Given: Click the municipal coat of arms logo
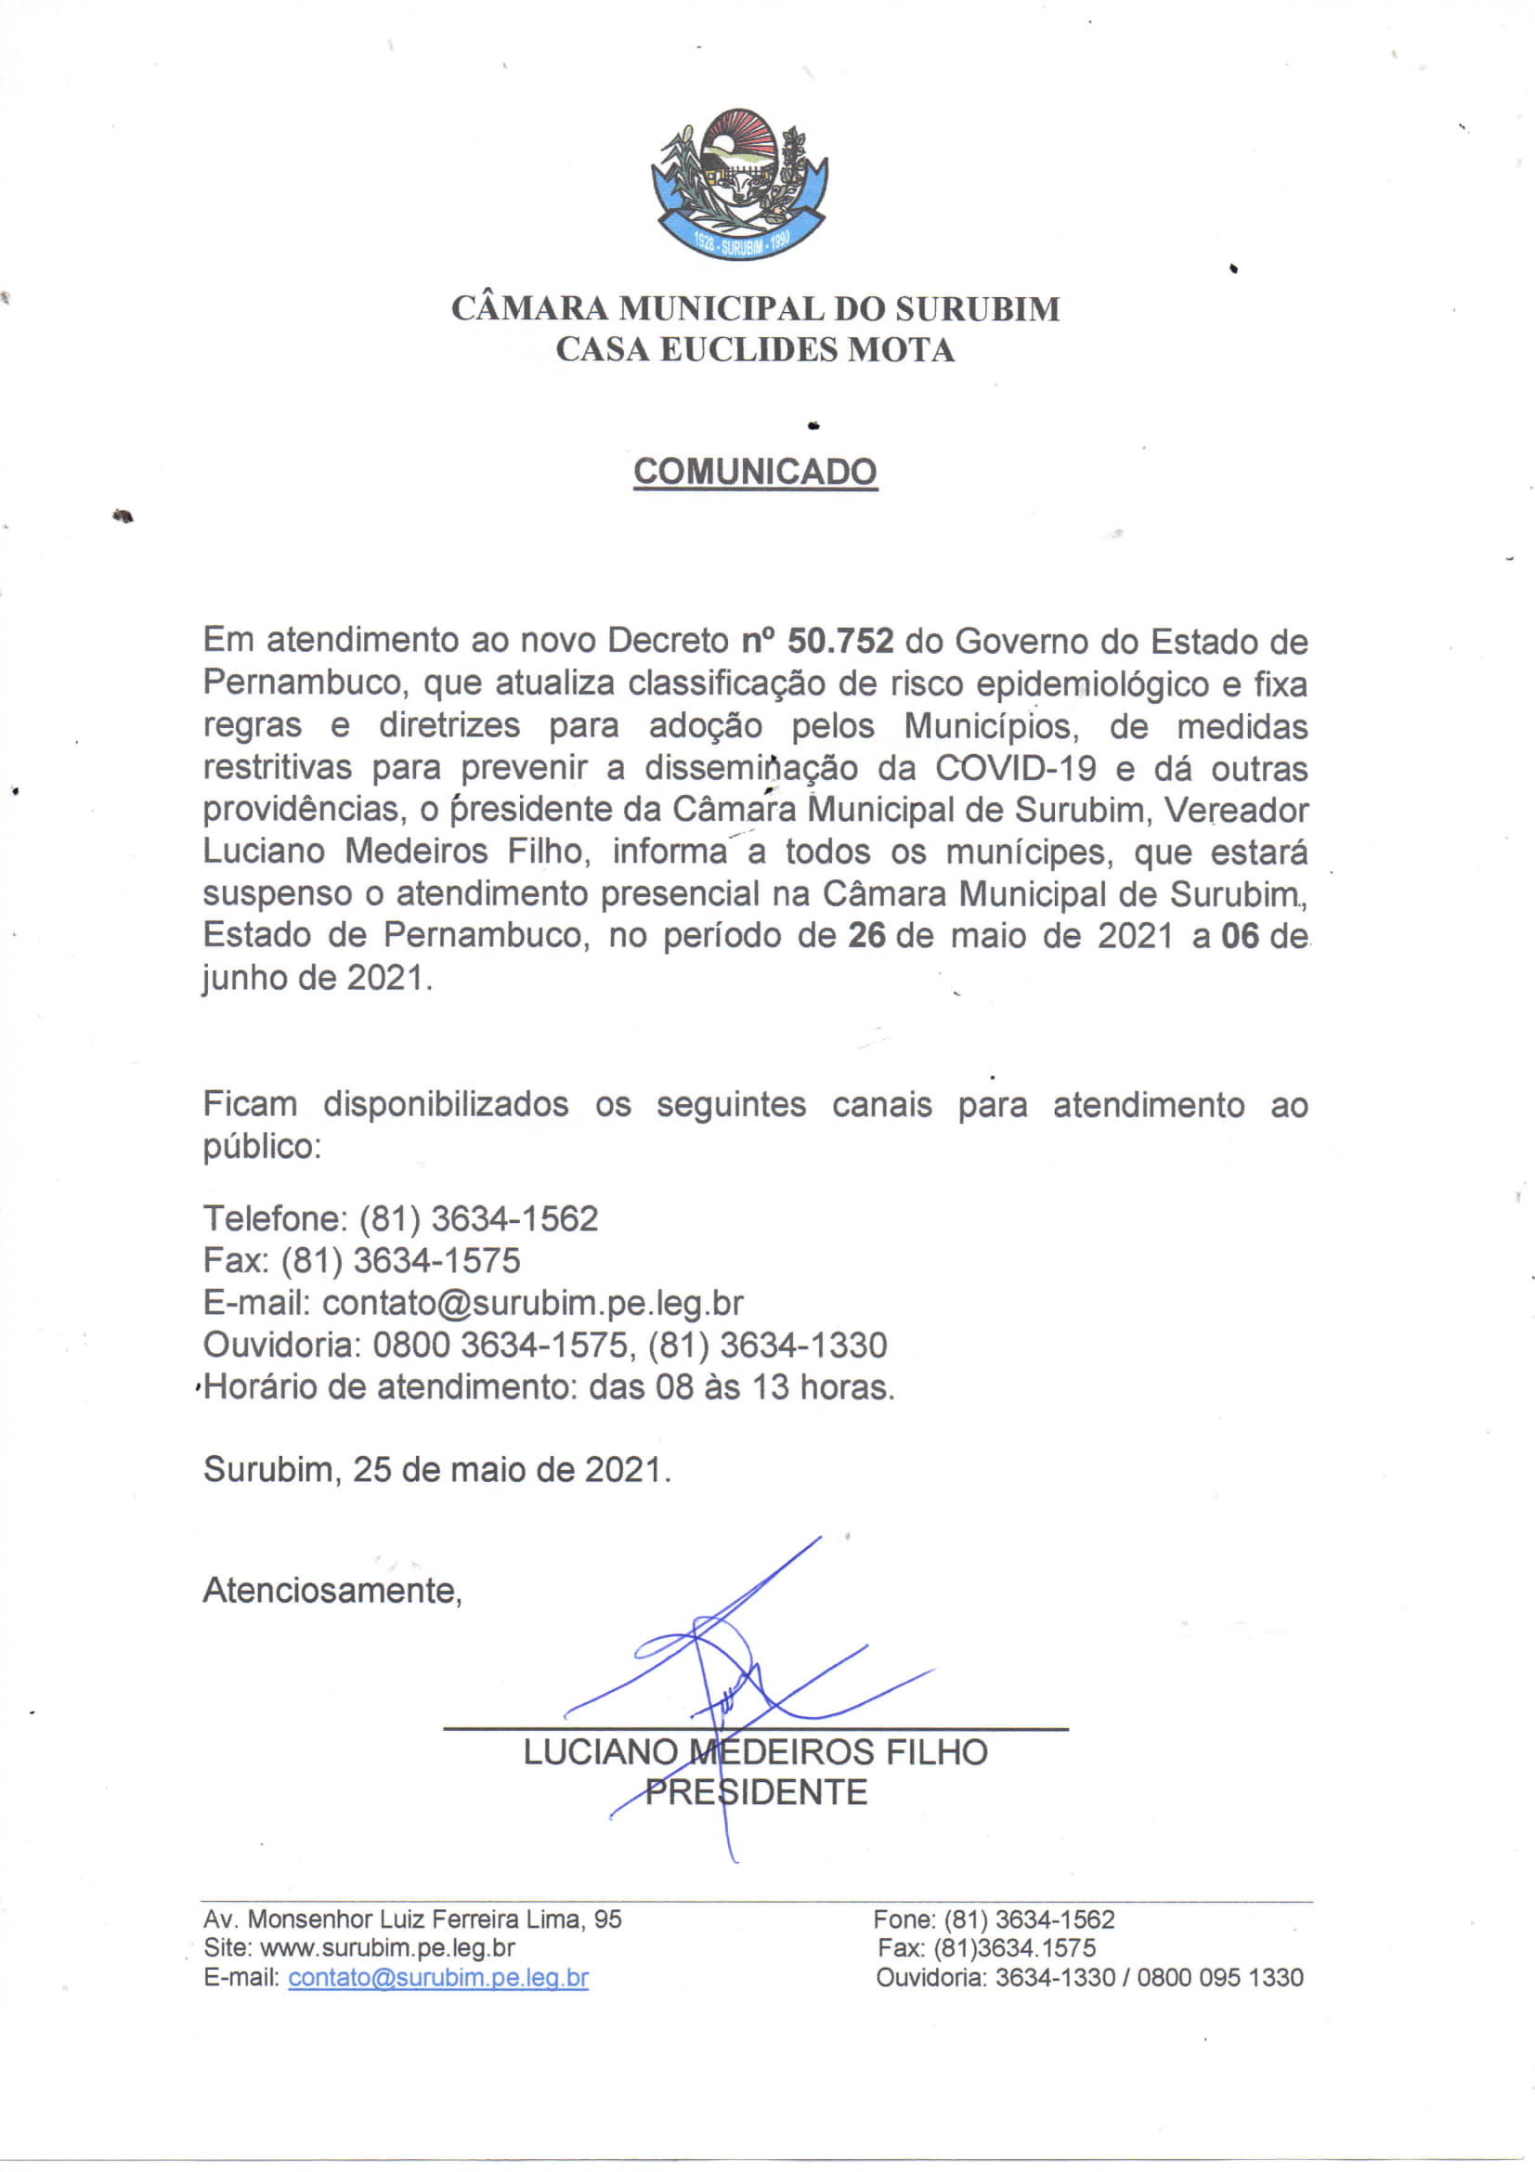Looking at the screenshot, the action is (738, 184).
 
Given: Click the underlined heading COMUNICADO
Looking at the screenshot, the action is (755, 471).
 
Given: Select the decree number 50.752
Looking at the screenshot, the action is (839, 642).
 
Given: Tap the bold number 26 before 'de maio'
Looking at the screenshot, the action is (865, 936).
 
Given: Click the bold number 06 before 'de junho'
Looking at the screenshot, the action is (1240, 936).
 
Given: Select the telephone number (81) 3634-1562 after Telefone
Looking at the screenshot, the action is (477, 1218).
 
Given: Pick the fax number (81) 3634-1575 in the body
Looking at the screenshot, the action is (400, 1260).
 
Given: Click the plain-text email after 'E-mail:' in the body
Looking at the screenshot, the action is (532, 1303).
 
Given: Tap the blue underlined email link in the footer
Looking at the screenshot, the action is (438, 1977).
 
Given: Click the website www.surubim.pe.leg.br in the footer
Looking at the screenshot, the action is (387, 1948).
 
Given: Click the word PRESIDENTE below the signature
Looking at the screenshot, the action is (756, 1791).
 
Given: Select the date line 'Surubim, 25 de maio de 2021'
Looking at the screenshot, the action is (437, 1469).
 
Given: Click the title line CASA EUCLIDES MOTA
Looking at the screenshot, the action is (755, 350).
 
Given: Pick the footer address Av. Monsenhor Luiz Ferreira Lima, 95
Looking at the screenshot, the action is (412, 1918).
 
